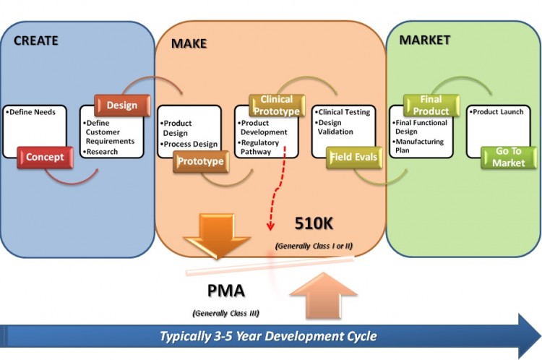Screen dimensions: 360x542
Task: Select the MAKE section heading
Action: pyautogui.click(x=189, y=43)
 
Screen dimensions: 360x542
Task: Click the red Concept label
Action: pyautogui.click(x=45, y=157)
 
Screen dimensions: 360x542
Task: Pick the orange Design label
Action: pyautogui.click(x=121, y=106)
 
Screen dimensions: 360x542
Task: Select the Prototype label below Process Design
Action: pyautogui.click(x=201, y=161)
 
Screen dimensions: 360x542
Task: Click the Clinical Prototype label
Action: pyautogui.click(x=276, y=106)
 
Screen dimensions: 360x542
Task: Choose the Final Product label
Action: pyautogui.click(x=431, y=106)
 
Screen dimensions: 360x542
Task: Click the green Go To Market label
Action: pyautogui.click(x=509, y=157)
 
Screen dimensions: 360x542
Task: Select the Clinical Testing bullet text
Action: pyautogui.click(x=344, y=113)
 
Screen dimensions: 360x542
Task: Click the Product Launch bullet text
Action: pyautogui.click(x=498, y=113)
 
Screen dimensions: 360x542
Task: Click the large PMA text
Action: pyautogui.click(x=225, y=291)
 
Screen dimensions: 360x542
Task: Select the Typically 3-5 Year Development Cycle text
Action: pyautogui.click(x=268, y=336)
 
